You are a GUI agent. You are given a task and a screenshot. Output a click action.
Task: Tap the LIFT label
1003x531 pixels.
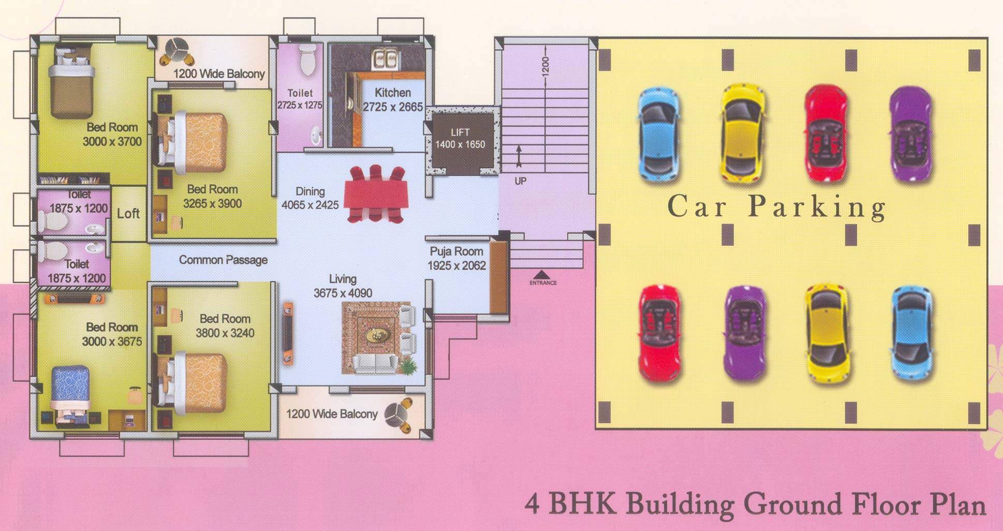pyautogui.click(x=460, y=132)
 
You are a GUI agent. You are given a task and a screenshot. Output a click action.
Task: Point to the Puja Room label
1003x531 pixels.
pyautogui.click(x=456, y=252)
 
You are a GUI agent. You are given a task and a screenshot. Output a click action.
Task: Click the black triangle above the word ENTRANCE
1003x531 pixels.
pyautogui.click(x=542, y=274)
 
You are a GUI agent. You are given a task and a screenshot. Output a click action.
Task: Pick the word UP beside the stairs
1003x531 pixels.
pyautogui.click(x=521, y=181)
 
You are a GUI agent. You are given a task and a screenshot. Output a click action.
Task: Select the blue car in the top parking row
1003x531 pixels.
pyautogui.click(x=659, y=134)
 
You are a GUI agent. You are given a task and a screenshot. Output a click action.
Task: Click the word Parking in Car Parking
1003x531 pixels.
pyautogui.click(x=817, y=207)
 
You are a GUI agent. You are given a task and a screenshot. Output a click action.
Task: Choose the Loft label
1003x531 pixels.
pyautogui.click(x=128, y=213)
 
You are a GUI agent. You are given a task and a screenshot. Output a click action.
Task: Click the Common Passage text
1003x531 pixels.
pyautogui.click(x=223, y=260)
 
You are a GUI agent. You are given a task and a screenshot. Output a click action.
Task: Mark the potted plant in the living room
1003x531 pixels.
pyautogui.click(x=408, y=365)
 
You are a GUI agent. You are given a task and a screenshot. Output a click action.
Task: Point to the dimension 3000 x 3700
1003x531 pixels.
pyautogui.click(x=112, y=142)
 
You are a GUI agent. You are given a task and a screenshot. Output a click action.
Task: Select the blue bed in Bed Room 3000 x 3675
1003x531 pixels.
pyautogui.click(x=71, y=395)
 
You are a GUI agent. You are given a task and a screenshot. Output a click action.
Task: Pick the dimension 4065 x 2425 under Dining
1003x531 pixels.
pyautogui.click(x=310, y=205)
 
